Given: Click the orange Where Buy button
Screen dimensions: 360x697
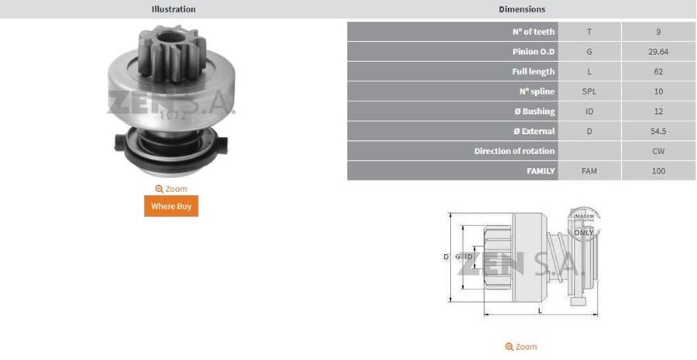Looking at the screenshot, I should click(171, 206).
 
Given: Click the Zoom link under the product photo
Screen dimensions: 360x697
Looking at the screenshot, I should click(171, 189).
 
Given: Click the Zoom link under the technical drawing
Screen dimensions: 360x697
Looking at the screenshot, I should click(521, 347).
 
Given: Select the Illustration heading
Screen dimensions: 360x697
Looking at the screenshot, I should click(173, 9).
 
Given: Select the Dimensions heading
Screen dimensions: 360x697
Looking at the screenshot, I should click(521, 9).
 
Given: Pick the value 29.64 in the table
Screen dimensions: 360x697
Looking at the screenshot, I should click(658, 52).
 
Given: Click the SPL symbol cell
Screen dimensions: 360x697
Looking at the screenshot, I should click(589, 91).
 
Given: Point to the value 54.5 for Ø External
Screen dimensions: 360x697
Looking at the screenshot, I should click(658, 132).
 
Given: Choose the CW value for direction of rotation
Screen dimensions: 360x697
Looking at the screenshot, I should click(658, 151).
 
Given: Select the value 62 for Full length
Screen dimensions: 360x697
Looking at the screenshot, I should click(658, 72).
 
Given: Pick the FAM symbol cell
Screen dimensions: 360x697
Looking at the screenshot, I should click(589, 171).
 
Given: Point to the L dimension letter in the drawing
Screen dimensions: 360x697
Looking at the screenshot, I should click(539, 311).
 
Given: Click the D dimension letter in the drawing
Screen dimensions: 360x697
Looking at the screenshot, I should click(446, 256).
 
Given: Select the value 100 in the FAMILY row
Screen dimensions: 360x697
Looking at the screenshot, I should click(658, 171).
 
